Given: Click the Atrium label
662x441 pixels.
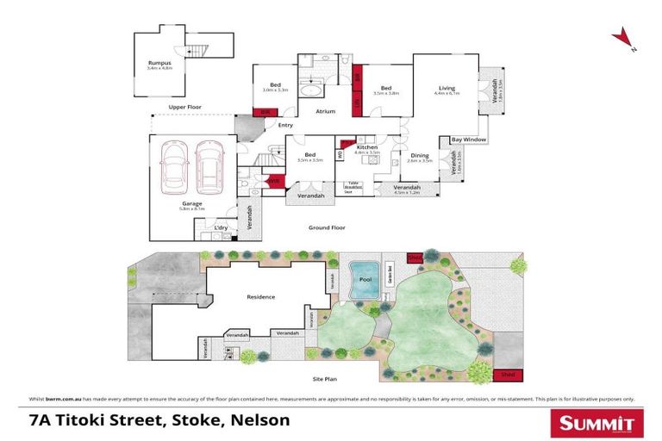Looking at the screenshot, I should tap(324, 111).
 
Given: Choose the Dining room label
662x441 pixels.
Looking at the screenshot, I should tap(420, 155).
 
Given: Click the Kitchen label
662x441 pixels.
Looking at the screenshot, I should tap(368, 147).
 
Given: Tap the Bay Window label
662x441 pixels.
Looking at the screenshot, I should tap(468, 140).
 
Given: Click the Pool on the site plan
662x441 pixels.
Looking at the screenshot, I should tap(365, 281).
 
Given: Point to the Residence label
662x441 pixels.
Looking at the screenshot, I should tap(261, 297).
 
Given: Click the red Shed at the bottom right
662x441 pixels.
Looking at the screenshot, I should tap(507, 375).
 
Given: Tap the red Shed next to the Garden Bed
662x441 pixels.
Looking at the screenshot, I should tap(415, 256).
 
